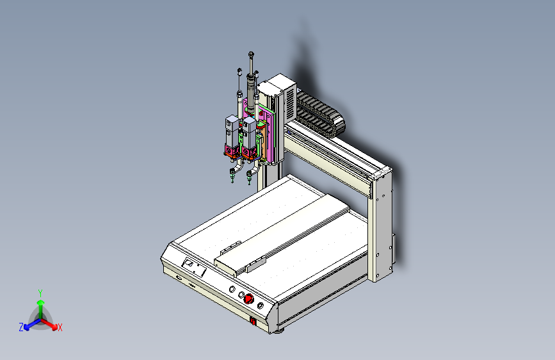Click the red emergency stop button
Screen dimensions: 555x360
point(249,299)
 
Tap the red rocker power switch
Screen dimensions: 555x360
point(253,321)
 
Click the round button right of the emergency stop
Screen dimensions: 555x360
point(260,305)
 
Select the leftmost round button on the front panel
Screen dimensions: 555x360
point(232,289)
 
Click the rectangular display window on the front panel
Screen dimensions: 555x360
point(194,267)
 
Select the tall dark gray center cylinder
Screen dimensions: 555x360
point(251,95)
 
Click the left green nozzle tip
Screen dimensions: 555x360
point(232,176)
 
